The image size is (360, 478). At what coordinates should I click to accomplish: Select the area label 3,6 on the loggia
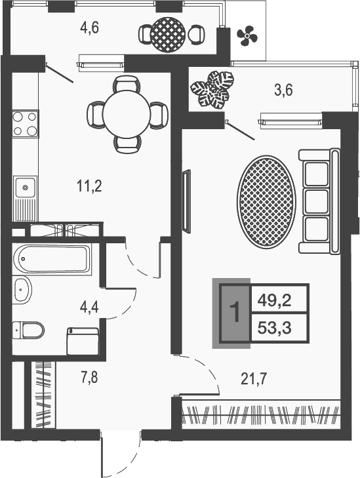(283, 90)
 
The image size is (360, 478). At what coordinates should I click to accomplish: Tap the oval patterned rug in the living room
(266, 201)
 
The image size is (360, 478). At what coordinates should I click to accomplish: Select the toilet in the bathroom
(28, 329)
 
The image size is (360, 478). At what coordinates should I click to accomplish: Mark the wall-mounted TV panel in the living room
(186, 202)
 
